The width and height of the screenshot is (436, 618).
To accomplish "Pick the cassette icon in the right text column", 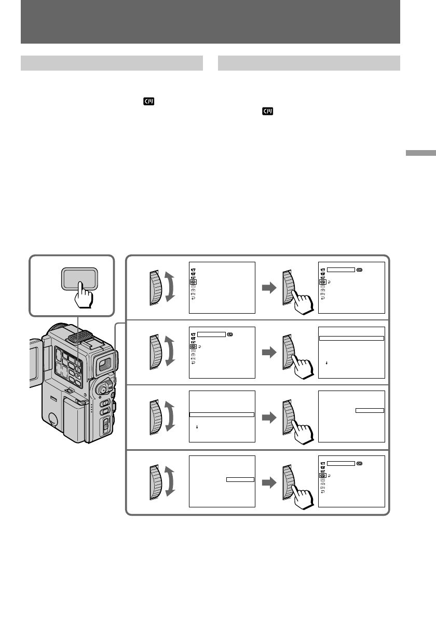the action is pos(268,112).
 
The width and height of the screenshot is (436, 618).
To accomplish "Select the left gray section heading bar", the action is pos(112,63).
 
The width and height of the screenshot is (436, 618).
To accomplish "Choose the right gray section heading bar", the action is pos(309,63).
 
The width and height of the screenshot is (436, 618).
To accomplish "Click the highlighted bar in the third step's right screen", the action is pos(370,410).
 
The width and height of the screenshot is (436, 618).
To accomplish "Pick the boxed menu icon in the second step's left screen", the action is pos(194,346).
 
